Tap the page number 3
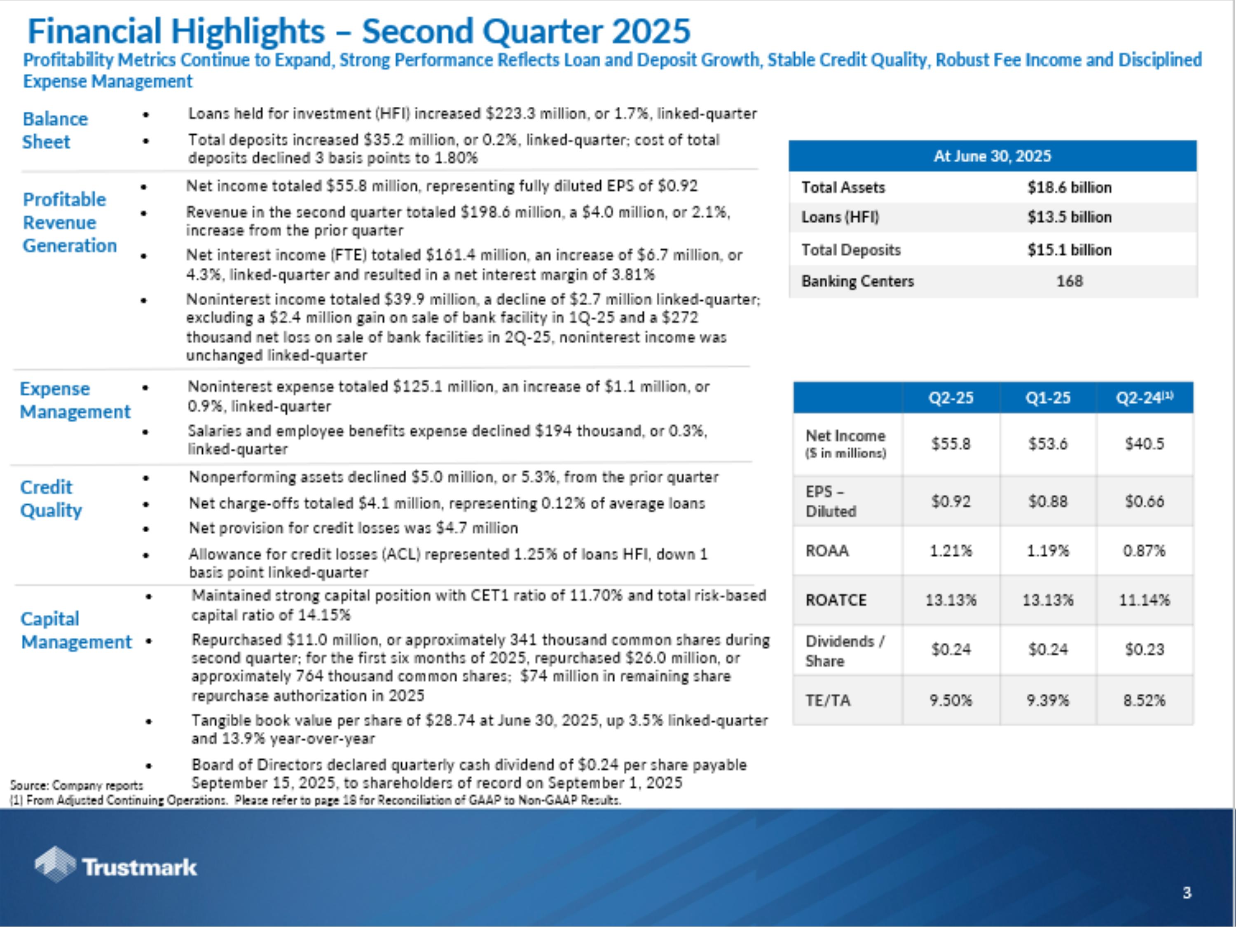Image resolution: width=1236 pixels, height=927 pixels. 1187,893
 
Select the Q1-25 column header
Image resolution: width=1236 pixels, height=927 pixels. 1048,398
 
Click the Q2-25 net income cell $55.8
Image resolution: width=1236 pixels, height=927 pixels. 950,444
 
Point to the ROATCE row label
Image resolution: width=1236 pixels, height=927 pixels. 836,600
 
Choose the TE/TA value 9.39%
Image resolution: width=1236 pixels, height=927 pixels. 1048,700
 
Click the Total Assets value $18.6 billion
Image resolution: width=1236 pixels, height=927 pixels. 1069,188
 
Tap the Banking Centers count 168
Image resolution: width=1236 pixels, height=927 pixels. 1069,281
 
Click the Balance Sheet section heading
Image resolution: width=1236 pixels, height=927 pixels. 55,130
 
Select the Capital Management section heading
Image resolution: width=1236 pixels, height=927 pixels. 76,630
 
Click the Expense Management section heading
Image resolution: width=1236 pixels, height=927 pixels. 75,400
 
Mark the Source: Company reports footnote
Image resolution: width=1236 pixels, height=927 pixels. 77,785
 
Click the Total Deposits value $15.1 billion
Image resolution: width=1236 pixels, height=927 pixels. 1069,250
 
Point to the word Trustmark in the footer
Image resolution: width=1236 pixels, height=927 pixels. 140,867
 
